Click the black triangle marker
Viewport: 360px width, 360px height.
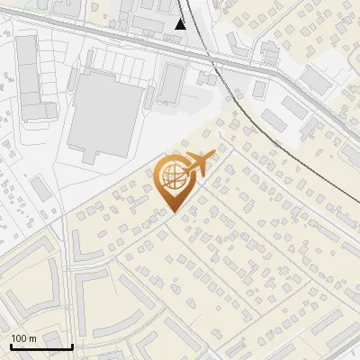coord(181,23)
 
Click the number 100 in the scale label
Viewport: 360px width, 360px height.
coord(19,338)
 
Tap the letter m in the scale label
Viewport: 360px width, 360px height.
coord(32,338)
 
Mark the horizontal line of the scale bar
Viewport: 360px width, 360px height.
coord(41,347)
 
